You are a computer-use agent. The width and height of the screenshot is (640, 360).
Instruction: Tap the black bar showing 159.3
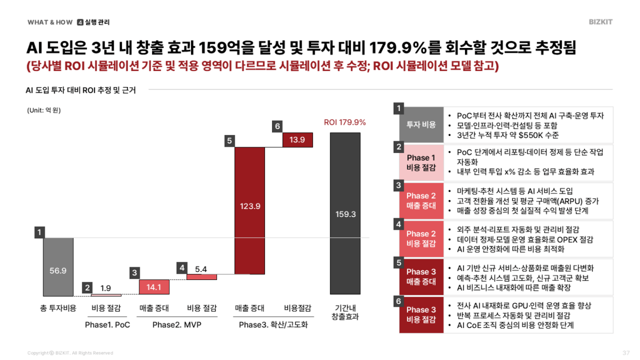[x=346, y=213]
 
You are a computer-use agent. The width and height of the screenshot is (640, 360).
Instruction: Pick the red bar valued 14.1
[x=154, y=287]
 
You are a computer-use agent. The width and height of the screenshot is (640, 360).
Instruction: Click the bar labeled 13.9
[x=298, y=139]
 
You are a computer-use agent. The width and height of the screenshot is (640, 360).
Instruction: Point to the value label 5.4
[x=201, y=269]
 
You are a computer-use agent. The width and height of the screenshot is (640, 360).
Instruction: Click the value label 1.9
[x=106, y=288]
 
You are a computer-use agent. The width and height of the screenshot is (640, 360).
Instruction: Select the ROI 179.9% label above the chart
[x=345, y=122]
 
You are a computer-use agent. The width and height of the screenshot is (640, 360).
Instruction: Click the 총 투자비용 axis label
[x=58, y=308]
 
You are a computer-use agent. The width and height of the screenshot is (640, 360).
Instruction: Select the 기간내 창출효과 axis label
[x=345, y=312]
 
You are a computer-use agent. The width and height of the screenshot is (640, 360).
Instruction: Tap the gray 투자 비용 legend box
[x=421, y=124]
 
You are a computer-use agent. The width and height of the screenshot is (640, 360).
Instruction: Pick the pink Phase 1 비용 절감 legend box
[x=421, y=163]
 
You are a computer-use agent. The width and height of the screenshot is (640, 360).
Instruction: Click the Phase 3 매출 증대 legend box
[x=421, y=276]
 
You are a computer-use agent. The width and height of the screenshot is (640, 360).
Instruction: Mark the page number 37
[x=626, y=353]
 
